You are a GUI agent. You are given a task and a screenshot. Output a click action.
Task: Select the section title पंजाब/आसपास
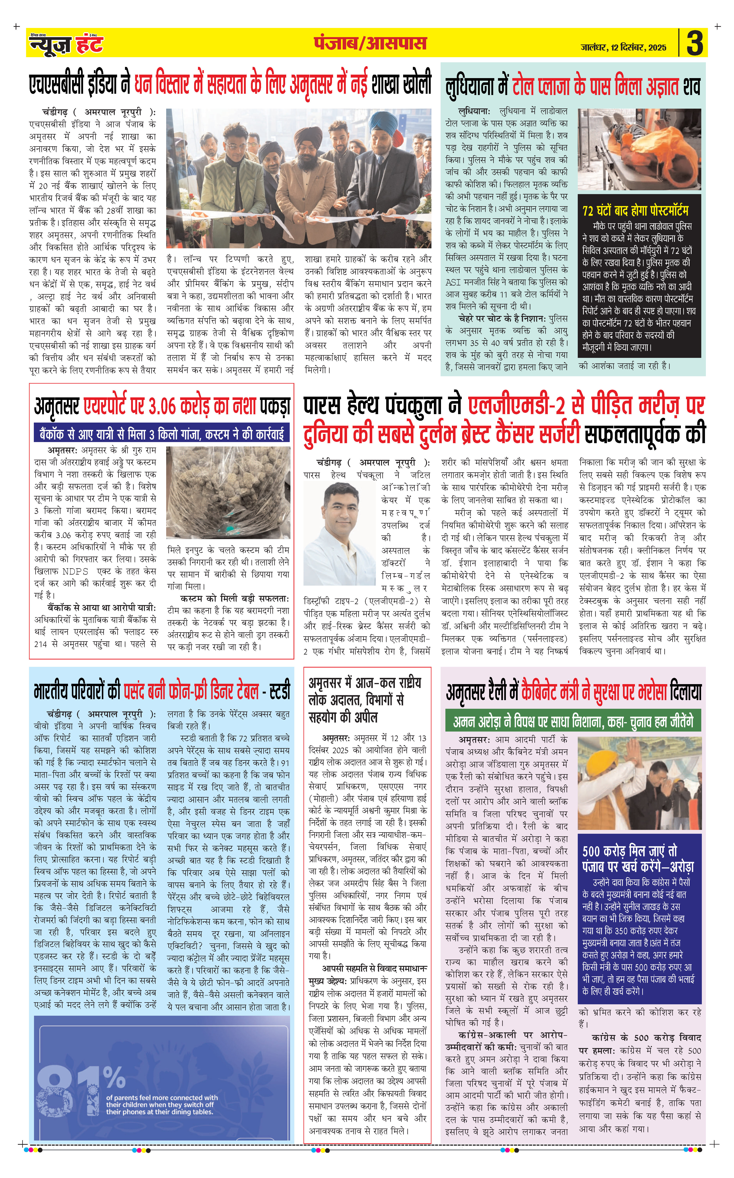click(x=370, y=43)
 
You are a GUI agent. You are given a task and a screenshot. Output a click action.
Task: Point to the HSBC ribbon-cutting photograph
click(x=299, y=178)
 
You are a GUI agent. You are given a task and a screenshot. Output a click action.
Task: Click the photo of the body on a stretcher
click(x=639, y=149)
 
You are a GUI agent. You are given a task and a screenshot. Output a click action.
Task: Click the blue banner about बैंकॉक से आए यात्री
click(x=162, y=433)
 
